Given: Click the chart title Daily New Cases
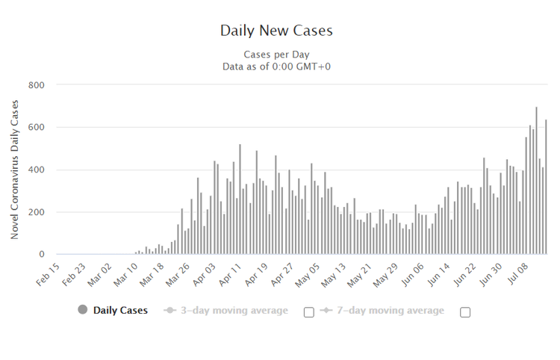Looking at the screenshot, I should (x=276, y=31).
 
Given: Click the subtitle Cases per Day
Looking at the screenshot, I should (x=276, y=55).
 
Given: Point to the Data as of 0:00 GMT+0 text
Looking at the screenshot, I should (x=276, y=66).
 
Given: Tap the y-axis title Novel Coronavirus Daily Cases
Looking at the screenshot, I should (x=15, y=170).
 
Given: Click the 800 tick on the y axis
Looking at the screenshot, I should (x=37, y=85).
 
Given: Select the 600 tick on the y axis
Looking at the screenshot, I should (x=37, y=128).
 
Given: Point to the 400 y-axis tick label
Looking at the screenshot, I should (x=37, y=170).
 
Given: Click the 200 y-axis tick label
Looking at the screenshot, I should (x=37, y=212).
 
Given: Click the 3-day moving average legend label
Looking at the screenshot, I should (x=232, y=311).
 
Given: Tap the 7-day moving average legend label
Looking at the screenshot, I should (x=388, y=311).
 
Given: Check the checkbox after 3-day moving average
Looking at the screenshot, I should (x=309, y=312).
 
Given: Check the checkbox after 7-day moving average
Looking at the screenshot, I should (x=465, y=312).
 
